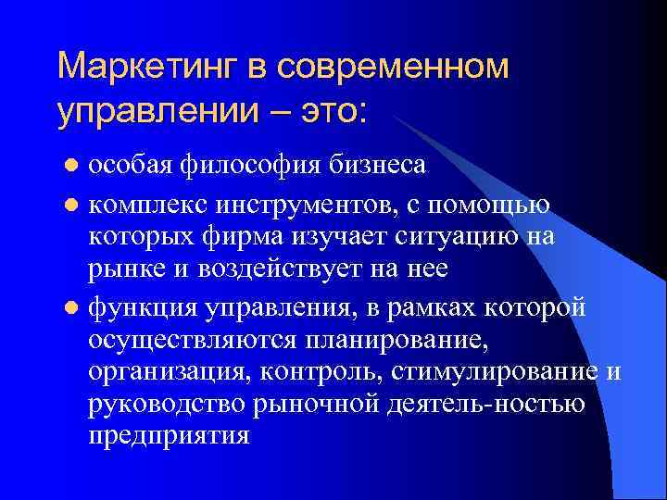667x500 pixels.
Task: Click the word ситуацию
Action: (x=457, y=236)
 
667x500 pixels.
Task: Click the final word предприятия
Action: (x=170, y=436)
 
